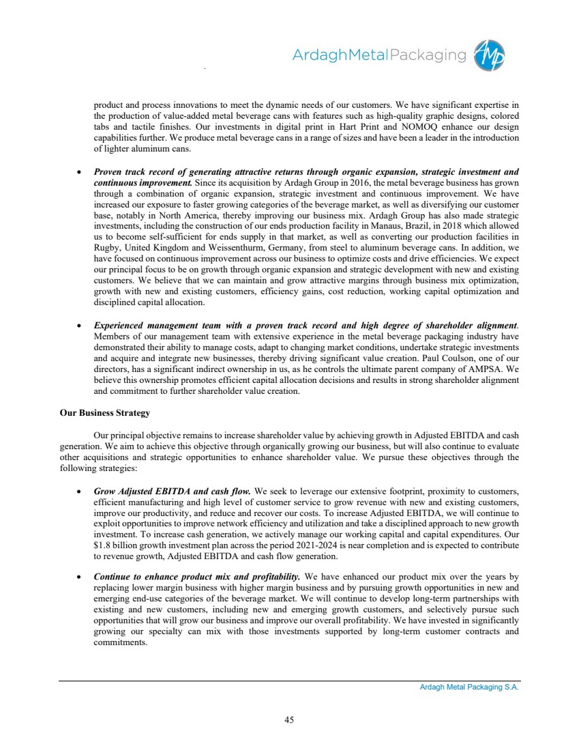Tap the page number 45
point(289,719)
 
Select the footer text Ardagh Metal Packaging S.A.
point(469,688)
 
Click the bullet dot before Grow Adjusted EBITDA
point(80,490)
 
